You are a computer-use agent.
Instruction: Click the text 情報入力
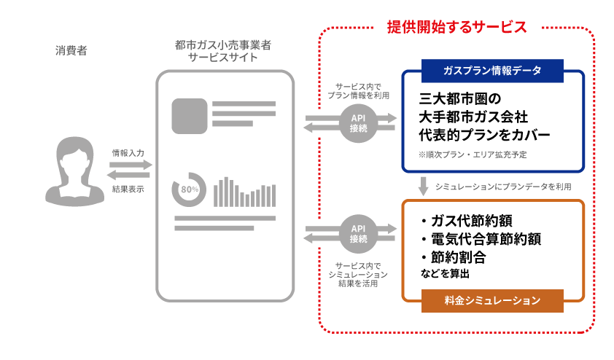128,153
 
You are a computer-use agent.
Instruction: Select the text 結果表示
128,189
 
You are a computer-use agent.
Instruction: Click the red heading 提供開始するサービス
456,27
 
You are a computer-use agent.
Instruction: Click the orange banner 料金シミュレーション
492,300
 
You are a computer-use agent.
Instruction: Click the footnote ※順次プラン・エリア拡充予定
473,155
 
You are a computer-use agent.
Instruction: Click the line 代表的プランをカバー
484,135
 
